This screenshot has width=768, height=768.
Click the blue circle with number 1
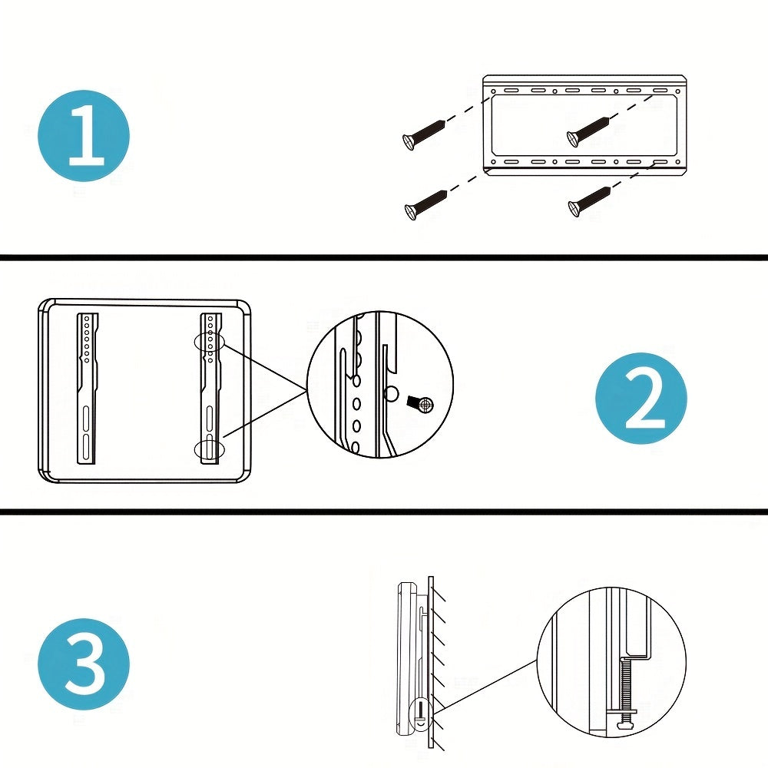click(x=84, y=136)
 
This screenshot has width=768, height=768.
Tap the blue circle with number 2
click(x=641, y=398)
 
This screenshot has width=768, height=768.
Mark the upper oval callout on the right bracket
click(x=210, y=343)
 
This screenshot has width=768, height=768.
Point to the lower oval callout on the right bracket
click(x=209, y=449)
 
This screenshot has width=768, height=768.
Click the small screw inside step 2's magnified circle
click(x=420, y=402)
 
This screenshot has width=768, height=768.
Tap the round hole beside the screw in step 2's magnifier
click(x=391, y=395)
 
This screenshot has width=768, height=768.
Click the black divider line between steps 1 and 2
click(x=384, y=257)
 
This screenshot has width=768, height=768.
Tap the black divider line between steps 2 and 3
click(x=384, y=511)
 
